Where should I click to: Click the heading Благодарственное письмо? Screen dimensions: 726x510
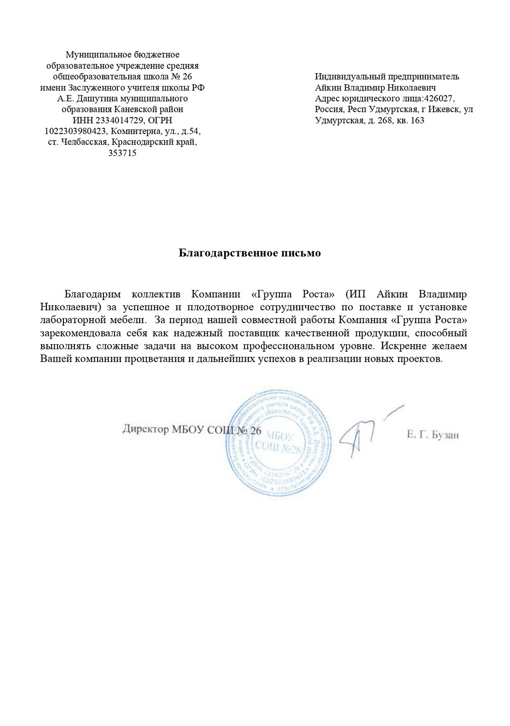coord(249,253)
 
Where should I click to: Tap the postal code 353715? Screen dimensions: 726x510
coord(122,153)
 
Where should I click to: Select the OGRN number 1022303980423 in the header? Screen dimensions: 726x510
coord(75,131)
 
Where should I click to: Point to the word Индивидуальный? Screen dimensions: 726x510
coord(345,76)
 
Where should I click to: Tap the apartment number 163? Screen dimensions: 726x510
coord(417,121)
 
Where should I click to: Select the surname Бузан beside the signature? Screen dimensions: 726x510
coord(445,435)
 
